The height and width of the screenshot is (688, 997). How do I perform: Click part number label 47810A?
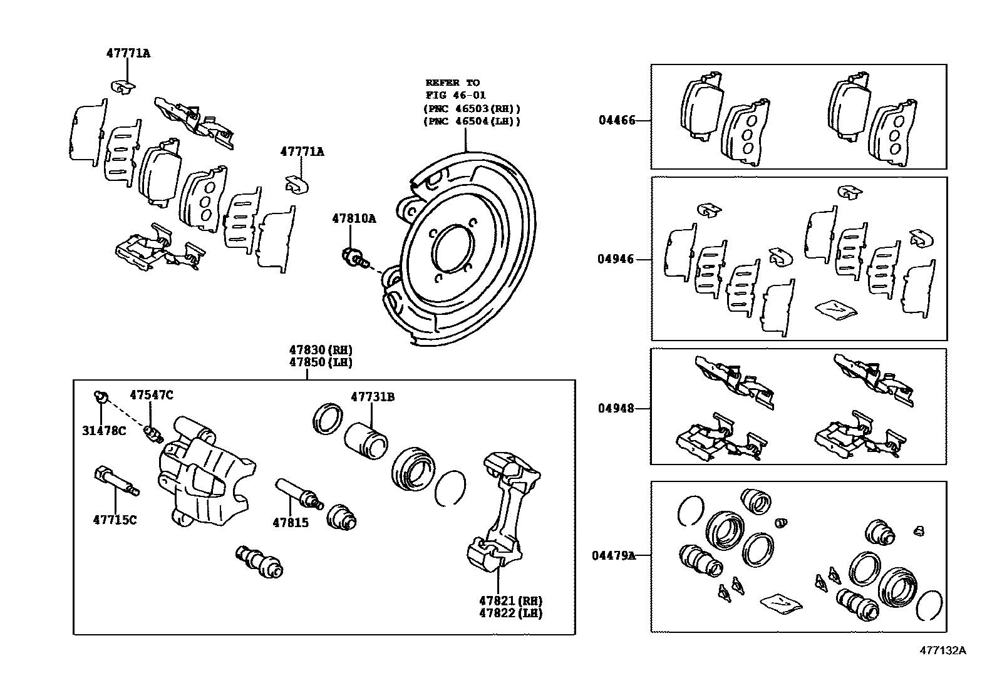click(354, 218)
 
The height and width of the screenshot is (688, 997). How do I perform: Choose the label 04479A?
click(614, 555)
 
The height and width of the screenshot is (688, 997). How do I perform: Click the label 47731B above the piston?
click(373, 396)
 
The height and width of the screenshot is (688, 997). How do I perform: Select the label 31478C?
click(104, 431)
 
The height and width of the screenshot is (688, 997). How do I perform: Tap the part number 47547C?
click(152, 394)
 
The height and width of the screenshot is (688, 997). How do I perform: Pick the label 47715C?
click(115, 520)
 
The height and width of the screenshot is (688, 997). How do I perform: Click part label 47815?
click(291, 522)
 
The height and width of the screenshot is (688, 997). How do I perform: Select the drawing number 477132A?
click(943, 650)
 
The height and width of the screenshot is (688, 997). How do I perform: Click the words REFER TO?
click(452, 83)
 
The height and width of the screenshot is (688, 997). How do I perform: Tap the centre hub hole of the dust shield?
click(453, 246)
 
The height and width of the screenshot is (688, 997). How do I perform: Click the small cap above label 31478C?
click(100, 396)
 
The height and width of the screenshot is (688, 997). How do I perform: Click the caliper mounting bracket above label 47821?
click(504, 513)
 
